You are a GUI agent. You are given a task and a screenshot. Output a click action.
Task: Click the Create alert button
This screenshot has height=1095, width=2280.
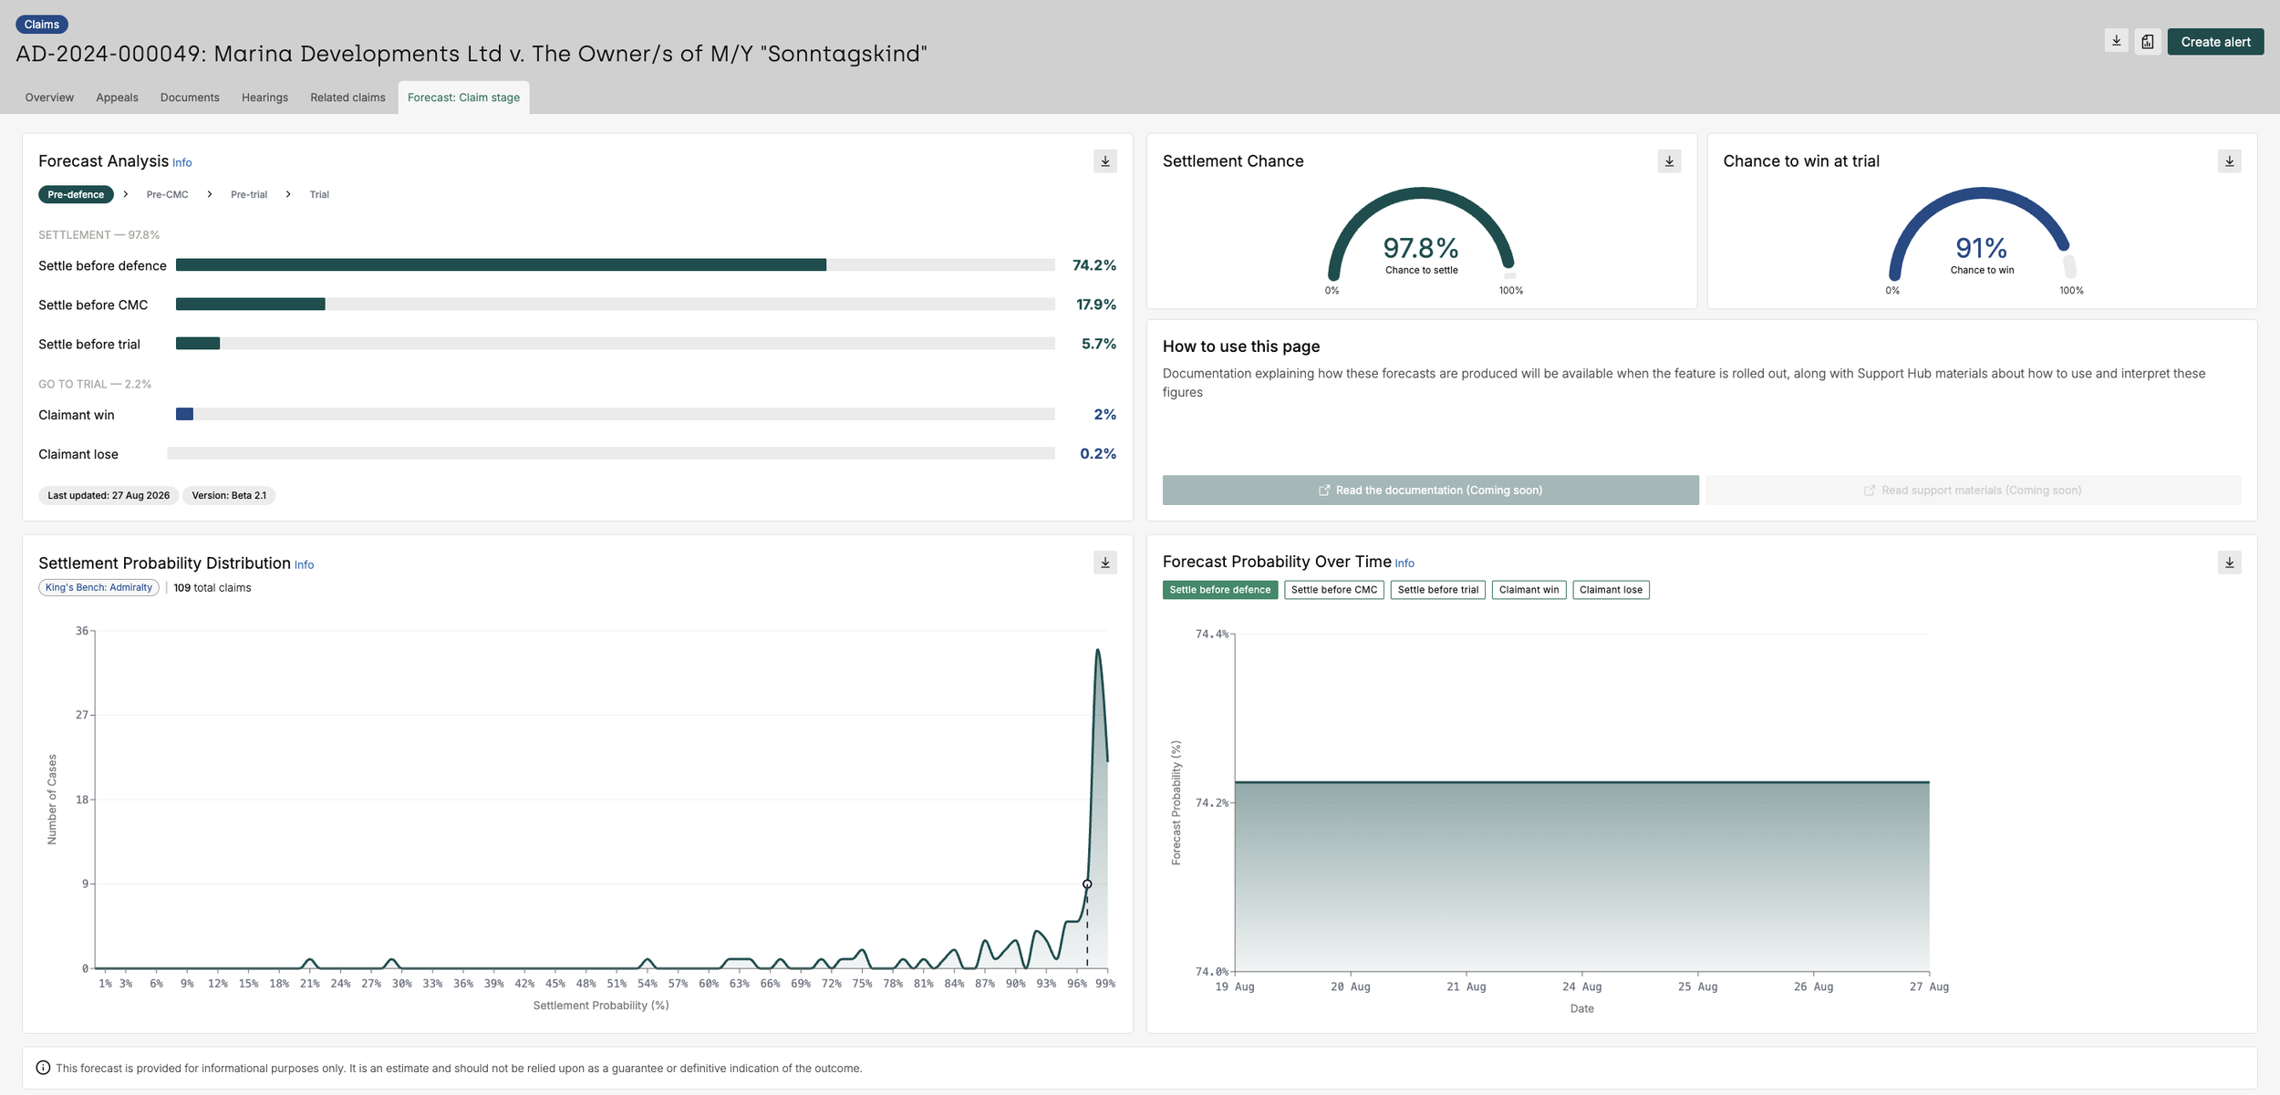pyautogui.click(x=2215, y=42)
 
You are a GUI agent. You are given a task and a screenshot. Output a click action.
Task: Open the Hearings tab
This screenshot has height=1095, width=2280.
pyautogui.click(x=264, y=98)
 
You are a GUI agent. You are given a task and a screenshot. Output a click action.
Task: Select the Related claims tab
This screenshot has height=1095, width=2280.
pyautogui.click(x=347, y=98)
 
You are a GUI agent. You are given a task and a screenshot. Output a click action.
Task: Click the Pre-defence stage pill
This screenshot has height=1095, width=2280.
pyautogui.click(x=76, y=194)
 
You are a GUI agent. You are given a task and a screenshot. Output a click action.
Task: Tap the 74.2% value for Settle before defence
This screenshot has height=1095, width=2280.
pyautogui.click(x=1094, y=265)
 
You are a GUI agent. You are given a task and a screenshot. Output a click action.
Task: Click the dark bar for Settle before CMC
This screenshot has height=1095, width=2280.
pyautogui.click(x=251, y=305)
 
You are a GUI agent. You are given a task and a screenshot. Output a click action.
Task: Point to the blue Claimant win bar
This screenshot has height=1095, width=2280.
pyautogui.click(x=184, y=414)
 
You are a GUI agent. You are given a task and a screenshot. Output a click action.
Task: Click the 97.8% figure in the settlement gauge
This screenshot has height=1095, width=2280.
pyautogui.click(x=1421, y=248)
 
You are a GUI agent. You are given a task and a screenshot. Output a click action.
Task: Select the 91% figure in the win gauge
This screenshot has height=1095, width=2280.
pyautogui.click(x=1981, y=248)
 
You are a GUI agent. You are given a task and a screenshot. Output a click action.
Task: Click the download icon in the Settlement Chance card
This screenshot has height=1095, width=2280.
pyautogui.click(x=1669, y=161)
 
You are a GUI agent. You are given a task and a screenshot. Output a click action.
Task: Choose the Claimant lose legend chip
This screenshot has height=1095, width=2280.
pyautogui.click(x=1611, y=590)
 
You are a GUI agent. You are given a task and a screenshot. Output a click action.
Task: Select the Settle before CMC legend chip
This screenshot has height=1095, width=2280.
pyautogui.click(x=1334, y=590)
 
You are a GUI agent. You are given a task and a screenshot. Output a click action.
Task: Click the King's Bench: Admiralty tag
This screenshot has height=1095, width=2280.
pyautogui.click(x=98, y=588)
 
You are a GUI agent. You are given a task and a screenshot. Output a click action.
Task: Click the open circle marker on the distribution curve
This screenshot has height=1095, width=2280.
pyautogui.click(x=1087, y=884)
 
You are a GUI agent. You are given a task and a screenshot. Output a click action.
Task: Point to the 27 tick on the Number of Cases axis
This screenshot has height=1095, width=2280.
pyautogui.click(x=82, y=715)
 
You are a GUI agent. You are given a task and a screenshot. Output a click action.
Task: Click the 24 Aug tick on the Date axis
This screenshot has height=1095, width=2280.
pyautogui.click(x=1581, y=987)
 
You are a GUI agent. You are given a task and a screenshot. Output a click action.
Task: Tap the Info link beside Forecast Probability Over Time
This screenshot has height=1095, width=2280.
pyautogui.click(x=1404, y=563)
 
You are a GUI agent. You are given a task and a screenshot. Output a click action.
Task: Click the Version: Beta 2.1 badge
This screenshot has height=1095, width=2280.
pyautogui.click(x=229, y=496)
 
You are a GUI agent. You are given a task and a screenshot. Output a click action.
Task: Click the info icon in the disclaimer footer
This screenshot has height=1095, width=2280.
pyautogui.click(x=43, y=1068)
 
